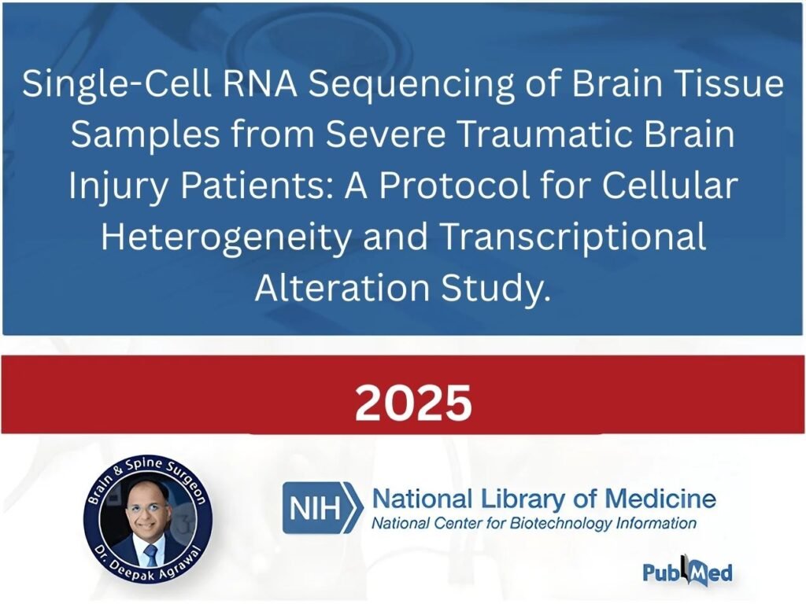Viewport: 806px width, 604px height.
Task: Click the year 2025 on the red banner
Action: [x=413, y=403]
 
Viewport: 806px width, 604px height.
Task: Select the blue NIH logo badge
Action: [x=323, y=508]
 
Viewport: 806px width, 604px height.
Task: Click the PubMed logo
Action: [x=687, y=571]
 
